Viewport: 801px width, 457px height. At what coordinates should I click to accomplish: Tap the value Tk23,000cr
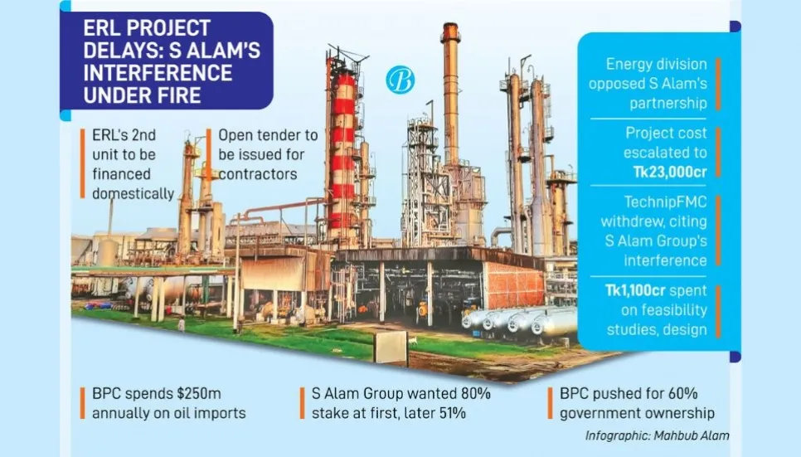point(665,172)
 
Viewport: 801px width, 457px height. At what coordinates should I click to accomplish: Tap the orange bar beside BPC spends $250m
point(83,404)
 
